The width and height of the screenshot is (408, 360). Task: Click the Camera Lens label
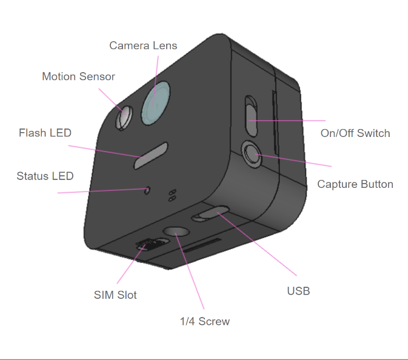tap(143, 45)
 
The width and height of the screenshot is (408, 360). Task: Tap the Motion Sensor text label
tap(78, 76)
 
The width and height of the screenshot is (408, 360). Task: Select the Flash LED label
tap(45, 133)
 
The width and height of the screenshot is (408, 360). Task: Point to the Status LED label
tap(45, 176)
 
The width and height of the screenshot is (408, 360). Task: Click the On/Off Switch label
tap(355, 133)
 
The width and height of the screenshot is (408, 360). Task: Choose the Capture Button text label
tap(355, 184)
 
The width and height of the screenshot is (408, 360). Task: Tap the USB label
tap(298, 291)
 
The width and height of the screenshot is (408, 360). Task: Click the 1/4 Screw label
tap(205, 321)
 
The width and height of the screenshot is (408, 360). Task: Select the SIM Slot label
tap(115, 295)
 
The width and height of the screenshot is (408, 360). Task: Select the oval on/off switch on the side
tap(252, 115)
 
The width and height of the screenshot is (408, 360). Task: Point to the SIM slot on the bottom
tap(147, 244)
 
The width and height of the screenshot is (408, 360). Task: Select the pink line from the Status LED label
tap(97, 192)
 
